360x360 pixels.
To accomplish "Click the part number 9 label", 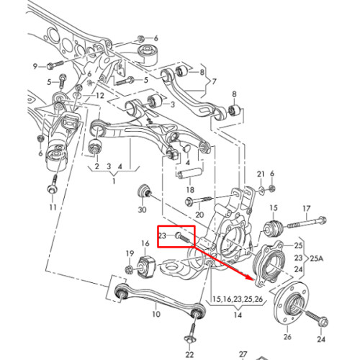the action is click(35, 66).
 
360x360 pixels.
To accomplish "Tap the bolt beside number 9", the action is click(55, 65).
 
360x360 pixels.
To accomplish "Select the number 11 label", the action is click(53, 207).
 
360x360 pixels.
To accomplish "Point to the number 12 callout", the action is click(100, 96).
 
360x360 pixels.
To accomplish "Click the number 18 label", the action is click(190, 190).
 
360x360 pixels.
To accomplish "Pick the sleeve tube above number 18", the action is click(189, 174).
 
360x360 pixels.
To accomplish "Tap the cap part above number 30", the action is click(144, 191).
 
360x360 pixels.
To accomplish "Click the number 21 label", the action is click(261, 174).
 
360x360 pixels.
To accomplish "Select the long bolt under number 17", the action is click(305, 222).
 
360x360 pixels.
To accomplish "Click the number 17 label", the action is click(307, 209).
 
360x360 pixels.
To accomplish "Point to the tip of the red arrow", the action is click(253, 279).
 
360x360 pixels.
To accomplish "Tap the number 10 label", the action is click(156, 314).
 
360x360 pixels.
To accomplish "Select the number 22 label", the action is click(189, 354).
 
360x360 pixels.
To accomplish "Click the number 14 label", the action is click(238, 315).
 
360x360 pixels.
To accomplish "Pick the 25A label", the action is click(317, 258).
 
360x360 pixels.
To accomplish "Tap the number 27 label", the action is click(243, 354).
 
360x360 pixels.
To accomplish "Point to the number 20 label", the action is click(199, 215).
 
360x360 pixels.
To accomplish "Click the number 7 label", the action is click(214, 81).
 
